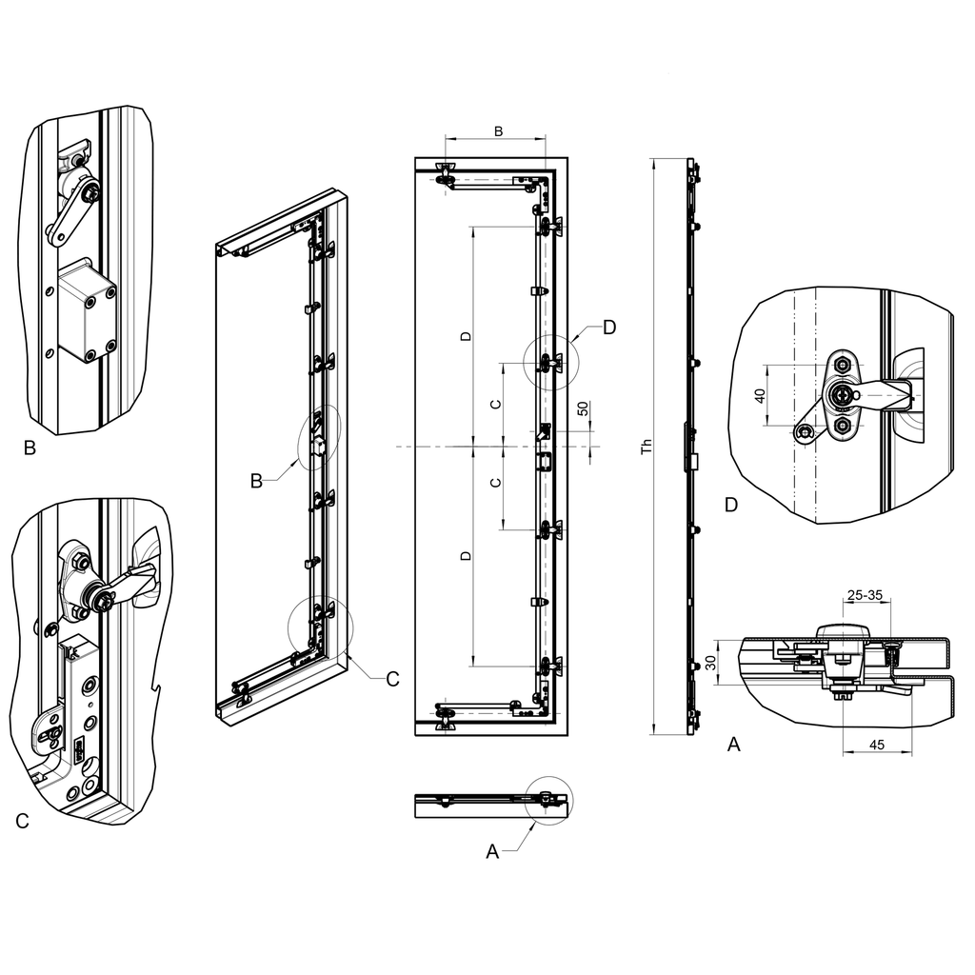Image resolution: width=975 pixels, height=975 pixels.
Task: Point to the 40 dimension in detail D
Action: (x=760, y=394)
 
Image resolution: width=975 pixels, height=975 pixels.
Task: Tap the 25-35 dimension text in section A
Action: (x=864, y=595)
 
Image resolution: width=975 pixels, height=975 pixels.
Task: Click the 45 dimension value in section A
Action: (x=877, y=745)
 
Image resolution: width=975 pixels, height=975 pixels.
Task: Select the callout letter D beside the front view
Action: (x=608, y=327)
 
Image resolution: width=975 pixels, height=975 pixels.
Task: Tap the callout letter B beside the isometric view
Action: (x=256, y=481)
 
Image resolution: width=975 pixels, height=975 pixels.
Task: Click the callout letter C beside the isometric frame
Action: (x=392, y=679)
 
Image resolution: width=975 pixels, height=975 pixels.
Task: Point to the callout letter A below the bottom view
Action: (x=492, y=851)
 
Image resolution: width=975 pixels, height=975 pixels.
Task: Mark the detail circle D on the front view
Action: (x=548, y=362)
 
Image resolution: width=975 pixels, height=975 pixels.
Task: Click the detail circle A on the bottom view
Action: (x=549, y=802)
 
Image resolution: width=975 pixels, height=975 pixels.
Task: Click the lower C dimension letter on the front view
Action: (x=493, y=483)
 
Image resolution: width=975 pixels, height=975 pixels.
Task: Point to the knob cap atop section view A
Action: (x=844, y=631)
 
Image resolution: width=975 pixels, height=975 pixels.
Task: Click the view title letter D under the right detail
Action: (x=730, y=505)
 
